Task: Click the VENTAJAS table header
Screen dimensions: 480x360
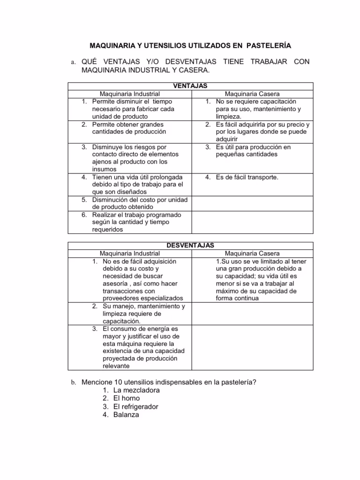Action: point(191,86)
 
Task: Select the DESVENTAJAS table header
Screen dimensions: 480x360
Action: point(191,245)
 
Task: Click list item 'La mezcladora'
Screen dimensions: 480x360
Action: point(136,390)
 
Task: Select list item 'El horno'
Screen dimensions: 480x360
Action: point(127,398)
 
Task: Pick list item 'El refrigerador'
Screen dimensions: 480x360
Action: point(136,406)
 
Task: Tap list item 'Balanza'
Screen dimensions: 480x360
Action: point(126,415)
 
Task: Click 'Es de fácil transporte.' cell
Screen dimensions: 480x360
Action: point(247,177)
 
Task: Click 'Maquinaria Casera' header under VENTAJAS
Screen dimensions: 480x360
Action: point(252,94)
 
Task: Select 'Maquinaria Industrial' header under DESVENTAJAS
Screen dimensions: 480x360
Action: point(130,253)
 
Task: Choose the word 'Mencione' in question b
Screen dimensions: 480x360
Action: point(97,382)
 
